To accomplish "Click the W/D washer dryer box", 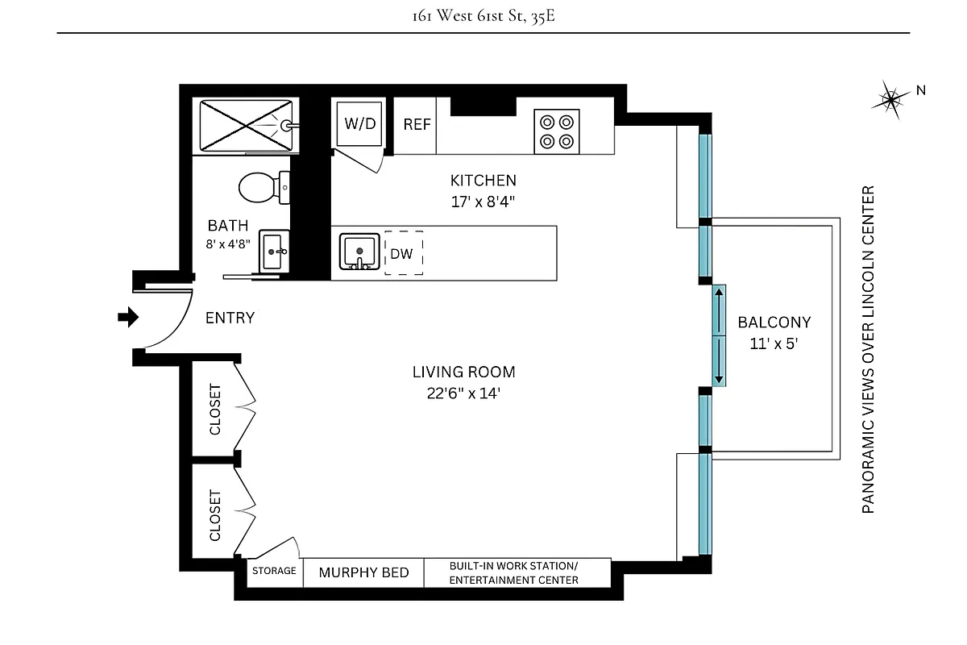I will point(360,123).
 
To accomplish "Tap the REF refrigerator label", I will point(417,125).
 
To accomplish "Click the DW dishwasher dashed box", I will point(403,254).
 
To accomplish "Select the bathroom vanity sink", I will point(275,252).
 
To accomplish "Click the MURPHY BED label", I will point(363,572).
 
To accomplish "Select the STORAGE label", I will point(274,571).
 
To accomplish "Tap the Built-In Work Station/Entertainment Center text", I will point(513,572).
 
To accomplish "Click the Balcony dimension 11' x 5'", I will point(774,342).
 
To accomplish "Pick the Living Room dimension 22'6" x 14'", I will point(463,393).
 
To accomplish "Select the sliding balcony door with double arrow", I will point(719,335).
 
